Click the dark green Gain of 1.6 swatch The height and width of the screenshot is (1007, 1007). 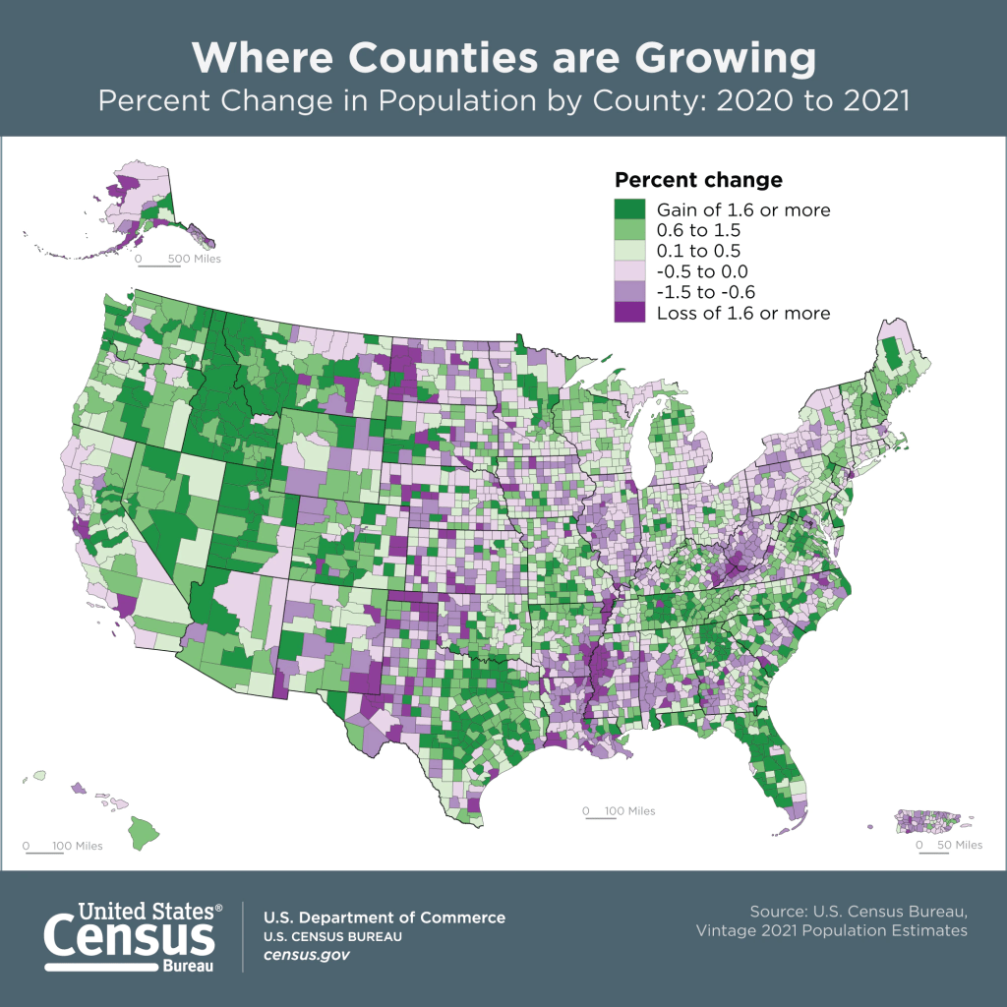(629, 209)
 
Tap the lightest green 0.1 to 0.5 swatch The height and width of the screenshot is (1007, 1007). (629, 251)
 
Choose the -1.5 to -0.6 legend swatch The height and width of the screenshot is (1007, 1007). (629, 292)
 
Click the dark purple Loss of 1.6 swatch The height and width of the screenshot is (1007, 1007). (629, 313)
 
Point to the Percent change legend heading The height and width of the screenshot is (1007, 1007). (698, 180)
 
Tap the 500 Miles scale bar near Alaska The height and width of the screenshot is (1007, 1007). (177, 260)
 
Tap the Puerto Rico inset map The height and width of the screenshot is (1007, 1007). (928, 820)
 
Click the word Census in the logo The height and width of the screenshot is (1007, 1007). (129, 935)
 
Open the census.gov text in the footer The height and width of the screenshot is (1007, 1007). (307, 955)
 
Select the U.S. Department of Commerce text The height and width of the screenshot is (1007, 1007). (385, 918)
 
